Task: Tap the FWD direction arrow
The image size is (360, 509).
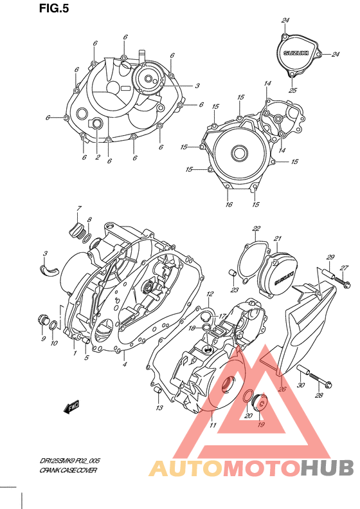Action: (71, 407)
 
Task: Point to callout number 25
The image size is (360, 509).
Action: (293, 90)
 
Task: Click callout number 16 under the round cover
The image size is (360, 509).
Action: (228, 205)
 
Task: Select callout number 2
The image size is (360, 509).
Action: (98, 156)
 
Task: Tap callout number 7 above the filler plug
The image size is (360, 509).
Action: (79, 208)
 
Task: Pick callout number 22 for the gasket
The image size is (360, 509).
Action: (256, 228)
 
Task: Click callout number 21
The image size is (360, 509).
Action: (278, 239)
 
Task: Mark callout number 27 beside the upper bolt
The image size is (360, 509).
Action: (344, 268)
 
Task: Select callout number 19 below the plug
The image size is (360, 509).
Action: (261, 425)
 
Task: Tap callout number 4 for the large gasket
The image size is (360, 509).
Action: (125, 365)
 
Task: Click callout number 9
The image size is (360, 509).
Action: (44, 339)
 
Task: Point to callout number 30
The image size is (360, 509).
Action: (300, 385)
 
